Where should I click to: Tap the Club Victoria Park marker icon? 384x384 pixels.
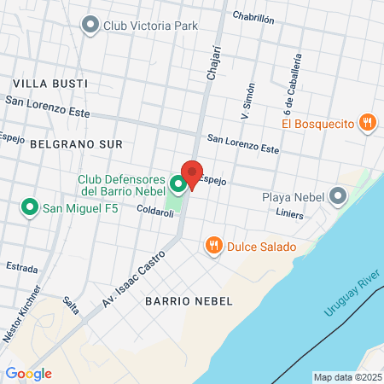[x=90, y=26]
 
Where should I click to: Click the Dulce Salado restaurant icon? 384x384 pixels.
[x=213, y=247]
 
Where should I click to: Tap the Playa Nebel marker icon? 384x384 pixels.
[x=339, y=197]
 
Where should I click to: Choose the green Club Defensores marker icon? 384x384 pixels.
[x=177, y=183]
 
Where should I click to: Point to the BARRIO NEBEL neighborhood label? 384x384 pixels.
[x=183, y=301]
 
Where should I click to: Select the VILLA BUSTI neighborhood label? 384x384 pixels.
[x=50, y=84]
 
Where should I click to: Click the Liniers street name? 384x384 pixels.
[x=289, y=215]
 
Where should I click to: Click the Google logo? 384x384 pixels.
[x=28, y=373]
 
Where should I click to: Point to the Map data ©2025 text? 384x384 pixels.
[x=346, y=377]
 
